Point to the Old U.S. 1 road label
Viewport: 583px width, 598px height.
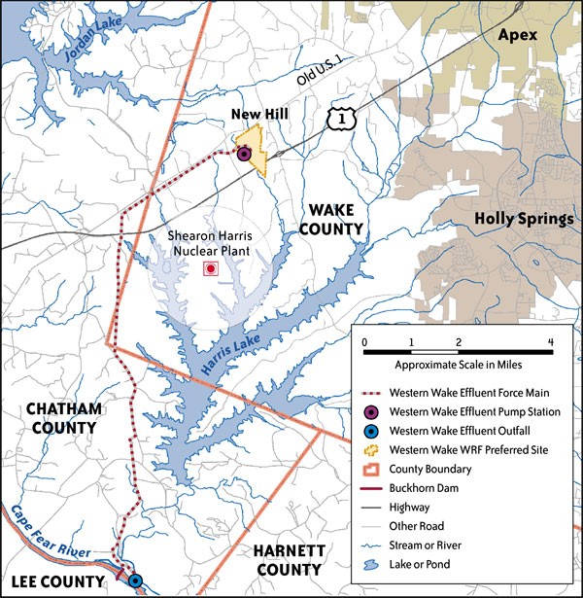[x=320, y=79]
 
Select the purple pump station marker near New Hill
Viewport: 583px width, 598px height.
[x=244, y=154]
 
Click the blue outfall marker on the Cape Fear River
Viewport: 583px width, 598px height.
[x=135, y=580]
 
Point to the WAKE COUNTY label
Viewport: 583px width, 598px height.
[x=335, y=219]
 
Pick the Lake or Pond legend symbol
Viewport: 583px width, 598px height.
[x=370, y=564]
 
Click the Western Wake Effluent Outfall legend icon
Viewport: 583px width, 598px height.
[x=370, y=431]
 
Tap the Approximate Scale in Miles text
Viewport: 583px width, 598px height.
[x=455, y=363]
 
